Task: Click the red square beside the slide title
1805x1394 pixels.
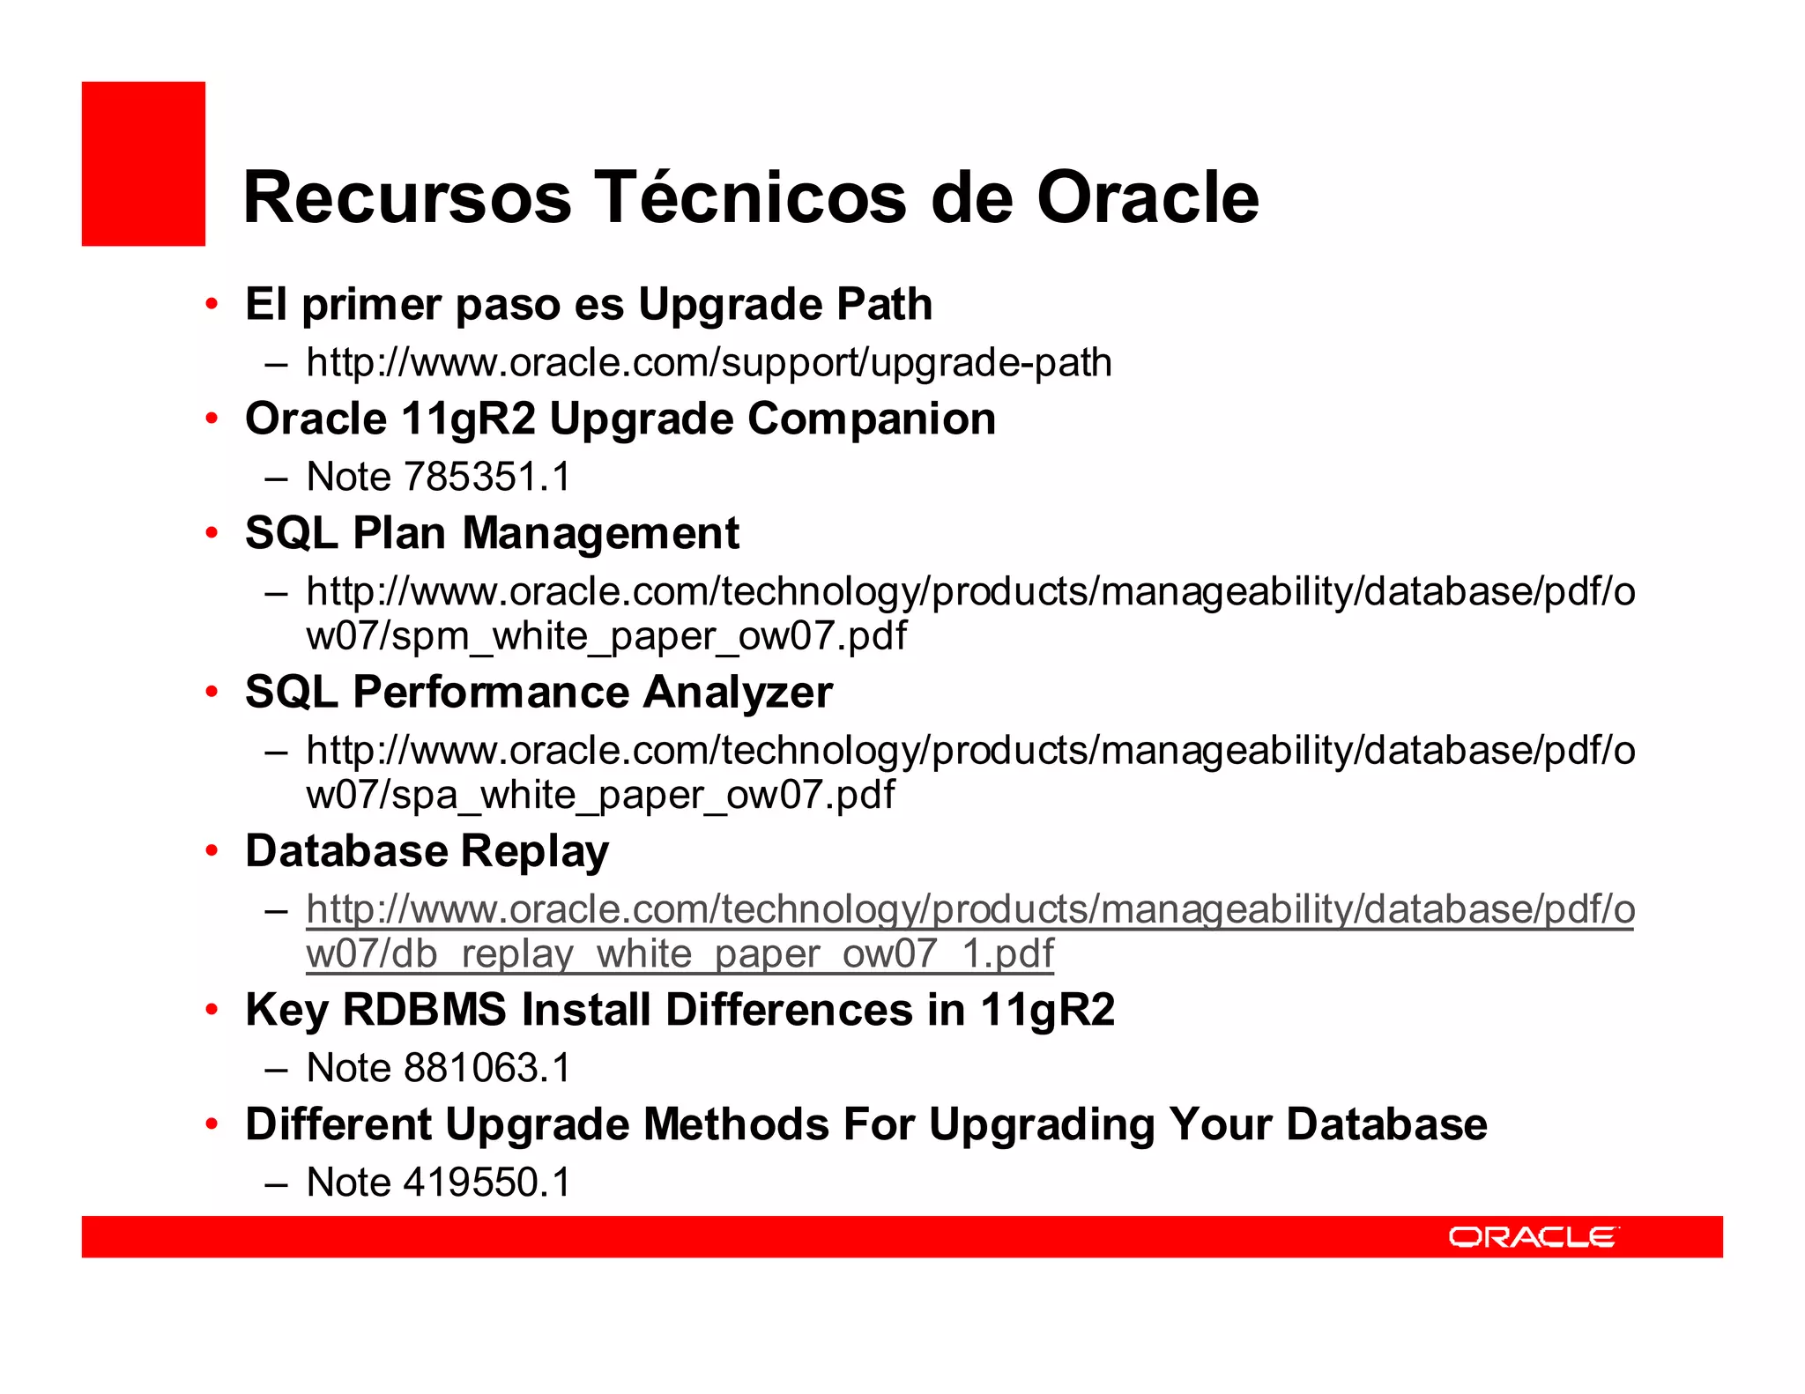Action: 144,164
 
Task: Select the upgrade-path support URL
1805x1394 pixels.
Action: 709,362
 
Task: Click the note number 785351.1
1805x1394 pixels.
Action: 487,477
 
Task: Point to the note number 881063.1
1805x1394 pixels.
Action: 487,1068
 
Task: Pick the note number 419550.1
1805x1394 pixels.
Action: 487,1183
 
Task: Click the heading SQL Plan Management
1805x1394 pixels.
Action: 492,533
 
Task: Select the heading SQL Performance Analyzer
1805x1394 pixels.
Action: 539,692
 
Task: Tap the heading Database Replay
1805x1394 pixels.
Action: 427,851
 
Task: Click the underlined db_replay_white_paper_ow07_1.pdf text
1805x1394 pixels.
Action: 680,954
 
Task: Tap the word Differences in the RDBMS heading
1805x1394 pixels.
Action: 789,1010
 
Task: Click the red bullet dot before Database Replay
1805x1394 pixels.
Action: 212,851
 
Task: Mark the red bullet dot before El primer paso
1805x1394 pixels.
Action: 212,305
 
